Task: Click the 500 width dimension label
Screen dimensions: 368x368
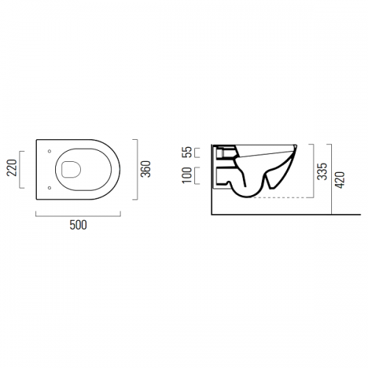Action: tap(78, 225)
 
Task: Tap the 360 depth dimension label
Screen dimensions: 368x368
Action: tap(145, 169)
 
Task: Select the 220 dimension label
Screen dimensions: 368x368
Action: tap(12, 168)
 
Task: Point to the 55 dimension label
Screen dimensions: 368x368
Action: tap(186, 152)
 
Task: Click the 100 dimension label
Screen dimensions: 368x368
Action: tap(187, 175)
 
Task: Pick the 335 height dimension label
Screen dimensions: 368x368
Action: tap(322, 171)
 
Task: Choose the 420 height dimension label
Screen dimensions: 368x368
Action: tap(340, 180)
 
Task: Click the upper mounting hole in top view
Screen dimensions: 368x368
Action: tap(49, 151)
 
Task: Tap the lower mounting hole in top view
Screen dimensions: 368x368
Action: tap(49, 188)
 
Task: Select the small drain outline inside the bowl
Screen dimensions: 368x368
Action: tap(71, 169)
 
